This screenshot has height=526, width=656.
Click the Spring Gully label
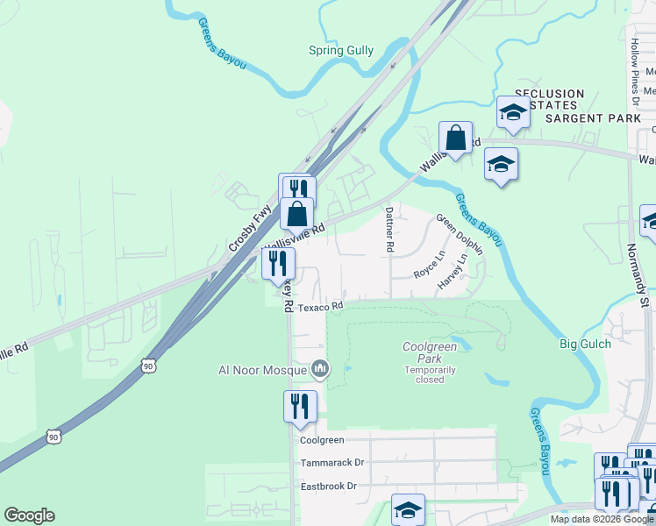[341, 51]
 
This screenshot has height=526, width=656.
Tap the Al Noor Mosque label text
[263, 370]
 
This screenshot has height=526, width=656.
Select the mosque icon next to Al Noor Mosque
[320, 369]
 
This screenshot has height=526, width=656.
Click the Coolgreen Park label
[430, 352]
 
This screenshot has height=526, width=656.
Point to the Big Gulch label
[584, 344]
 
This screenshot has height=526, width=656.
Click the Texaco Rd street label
[318, 307]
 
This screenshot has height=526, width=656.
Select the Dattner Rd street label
[389, 229]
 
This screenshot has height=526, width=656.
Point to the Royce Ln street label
[430, 266]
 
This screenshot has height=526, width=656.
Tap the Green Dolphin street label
[460, 234]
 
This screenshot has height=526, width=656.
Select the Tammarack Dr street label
[332, 462]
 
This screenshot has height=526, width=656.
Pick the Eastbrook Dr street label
[329, 486]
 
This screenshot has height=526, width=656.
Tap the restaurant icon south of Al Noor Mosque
[300, 406]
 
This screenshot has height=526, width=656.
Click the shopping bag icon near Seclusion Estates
[456, 138]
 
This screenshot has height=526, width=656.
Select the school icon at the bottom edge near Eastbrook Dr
[408, 509]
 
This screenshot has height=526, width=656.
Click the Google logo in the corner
[29, 515]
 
